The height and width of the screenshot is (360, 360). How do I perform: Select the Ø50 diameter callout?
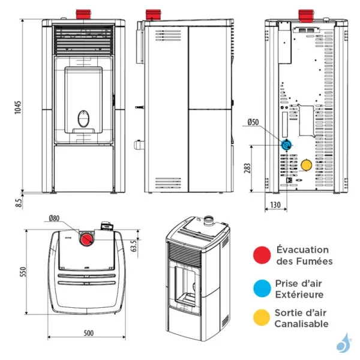tap(253, 122)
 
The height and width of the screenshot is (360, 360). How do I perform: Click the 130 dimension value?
tap(276, 205)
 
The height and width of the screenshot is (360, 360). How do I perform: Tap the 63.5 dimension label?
tap(135, 245)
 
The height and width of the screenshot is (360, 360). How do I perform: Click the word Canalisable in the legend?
tap(301, 324)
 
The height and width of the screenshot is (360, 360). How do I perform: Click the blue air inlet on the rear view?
tap(287, 145)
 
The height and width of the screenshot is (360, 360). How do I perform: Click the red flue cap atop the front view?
tap(82, 14)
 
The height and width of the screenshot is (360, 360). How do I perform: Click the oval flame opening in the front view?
tap(83, 118)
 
